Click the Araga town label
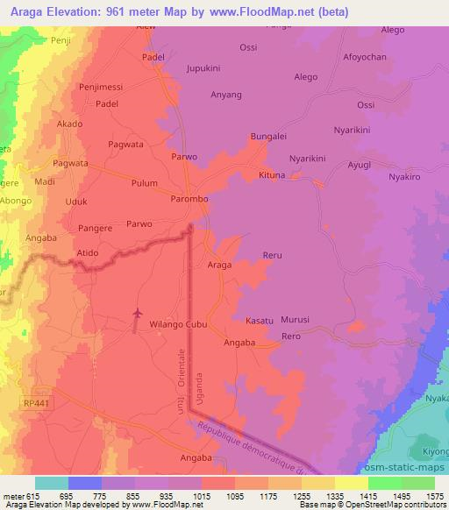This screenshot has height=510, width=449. click(219, 265)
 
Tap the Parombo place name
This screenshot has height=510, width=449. click(189, 200)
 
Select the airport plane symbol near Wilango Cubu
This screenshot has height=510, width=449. click(136, 313)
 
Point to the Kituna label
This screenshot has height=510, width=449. click(273, 175)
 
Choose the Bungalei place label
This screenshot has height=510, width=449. click(269, 138)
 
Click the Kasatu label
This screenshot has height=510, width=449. click(260, 322)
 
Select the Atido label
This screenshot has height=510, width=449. click(87, 253)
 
